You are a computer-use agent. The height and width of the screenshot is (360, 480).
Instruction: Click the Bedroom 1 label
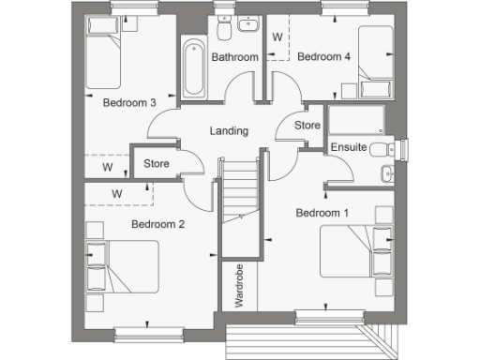[x=322, y=213]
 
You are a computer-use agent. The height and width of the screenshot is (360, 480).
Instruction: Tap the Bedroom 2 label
[x=157, y=224]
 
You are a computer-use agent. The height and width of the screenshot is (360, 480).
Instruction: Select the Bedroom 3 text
[x=129, y=103]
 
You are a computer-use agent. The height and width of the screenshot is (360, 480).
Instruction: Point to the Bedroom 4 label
[x=323, y=57]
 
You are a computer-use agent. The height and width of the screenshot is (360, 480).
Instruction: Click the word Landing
[x=230, y=131]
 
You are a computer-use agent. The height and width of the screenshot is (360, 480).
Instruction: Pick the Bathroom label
[x=234, y=57]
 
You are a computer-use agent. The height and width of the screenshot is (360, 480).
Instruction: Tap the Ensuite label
[x=349, y=148]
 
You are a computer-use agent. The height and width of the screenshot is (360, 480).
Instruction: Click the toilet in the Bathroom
[x=223, y=30]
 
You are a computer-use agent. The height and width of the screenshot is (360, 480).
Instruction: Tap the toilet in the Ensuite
[x=382, y=150]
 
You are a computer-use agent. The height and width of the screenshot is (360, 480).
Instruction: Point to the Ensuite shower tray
[x=355, y=121]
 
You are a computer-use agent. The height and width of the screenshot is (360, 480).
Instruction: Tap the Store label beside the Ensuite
[x=307, y=125]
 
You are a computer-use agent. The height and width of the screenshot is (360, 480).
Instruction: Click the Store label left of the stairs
[x=156, y=163]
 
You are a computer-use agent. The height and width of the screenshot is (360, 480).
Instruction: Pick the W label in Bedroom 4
[x=277, y=37]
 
